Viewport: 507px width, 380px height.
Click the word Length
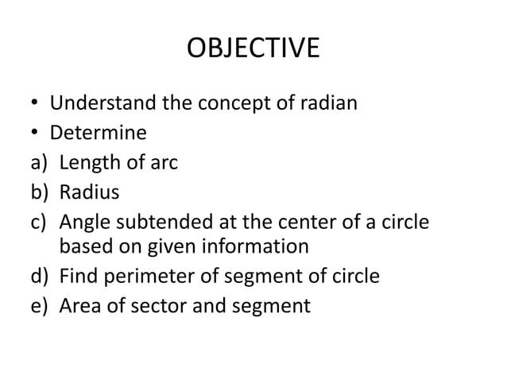click(x=88, y=163)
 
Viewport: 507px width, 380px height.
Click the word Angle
click(x=84, y=220)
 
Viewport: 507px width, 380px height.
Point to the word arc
click(x=164, y=163)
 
